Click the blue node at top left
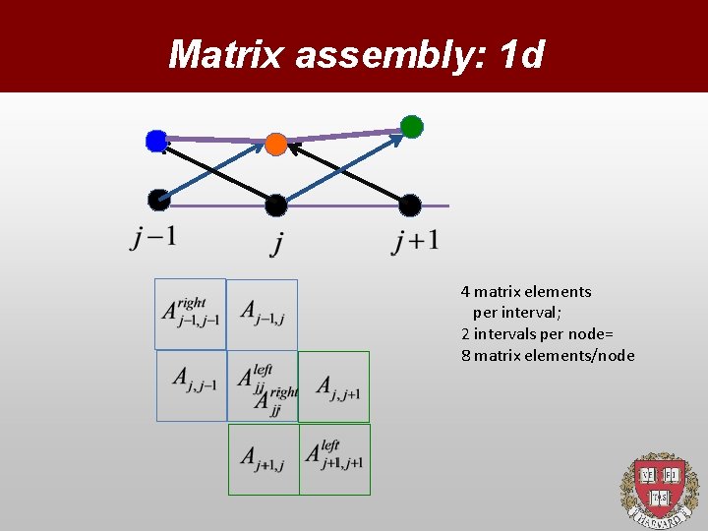(156, 142)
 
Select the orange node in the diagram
(276, 146)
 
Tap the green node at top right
(412, 127)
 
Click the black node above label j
(276, 206)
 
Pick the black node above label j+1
(410, 206)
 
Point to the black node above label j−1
(158, 200)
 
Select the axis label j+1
(415, 240)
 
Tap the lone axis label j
(276, 241)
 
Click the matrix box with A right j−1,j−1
(191, 314)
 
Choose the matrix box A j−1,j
(263, 315)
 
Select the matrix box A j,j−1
(193, 384)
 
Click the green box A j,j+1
(334, 385)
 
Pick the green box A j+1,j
(264, 458)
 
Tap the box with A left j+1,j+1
(334, 458)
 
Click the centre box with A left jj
(263, 385)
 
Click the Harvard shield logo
(658, 489)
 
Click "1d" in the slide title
(520, 55)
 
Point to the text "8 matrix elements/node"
(548, 356)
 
